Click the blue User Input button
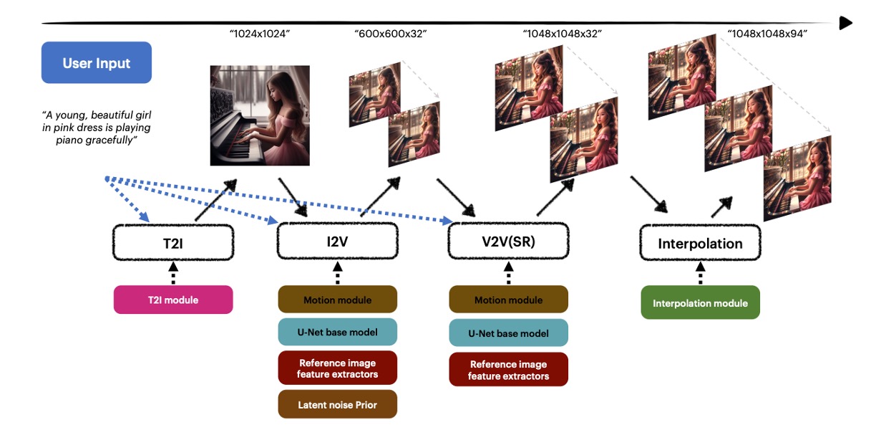pos(97,62)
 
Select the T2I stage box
pos(173,243)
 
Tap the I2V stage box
pos(338,242)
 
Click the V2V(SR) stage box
pos(508,242)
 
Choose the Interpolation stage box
pos(700,243)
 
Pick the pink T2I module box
pos(173,300)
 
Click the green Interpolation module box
pos(700,302)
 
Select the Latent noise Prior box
pos(338,404)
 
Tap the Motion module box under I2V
pos(338,300)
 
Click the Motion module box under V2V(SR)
pos(508,300)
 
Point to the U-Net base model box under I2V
pos(338,332)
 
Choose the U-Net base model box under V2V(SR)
pos(508,333)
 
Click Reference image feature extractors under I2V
pos(338,368)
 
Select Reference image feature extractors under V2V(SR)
pos(508,369)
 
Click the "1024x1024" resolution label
pos(260,34)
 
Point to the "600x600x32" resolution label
pos(390,34)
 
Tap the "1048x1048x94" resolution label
pos(767,34)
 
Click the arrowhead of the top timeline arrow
pos(845,23)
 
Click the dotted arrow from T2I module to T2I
pos(173,273)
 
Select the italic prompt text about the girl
pos(97,128)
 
